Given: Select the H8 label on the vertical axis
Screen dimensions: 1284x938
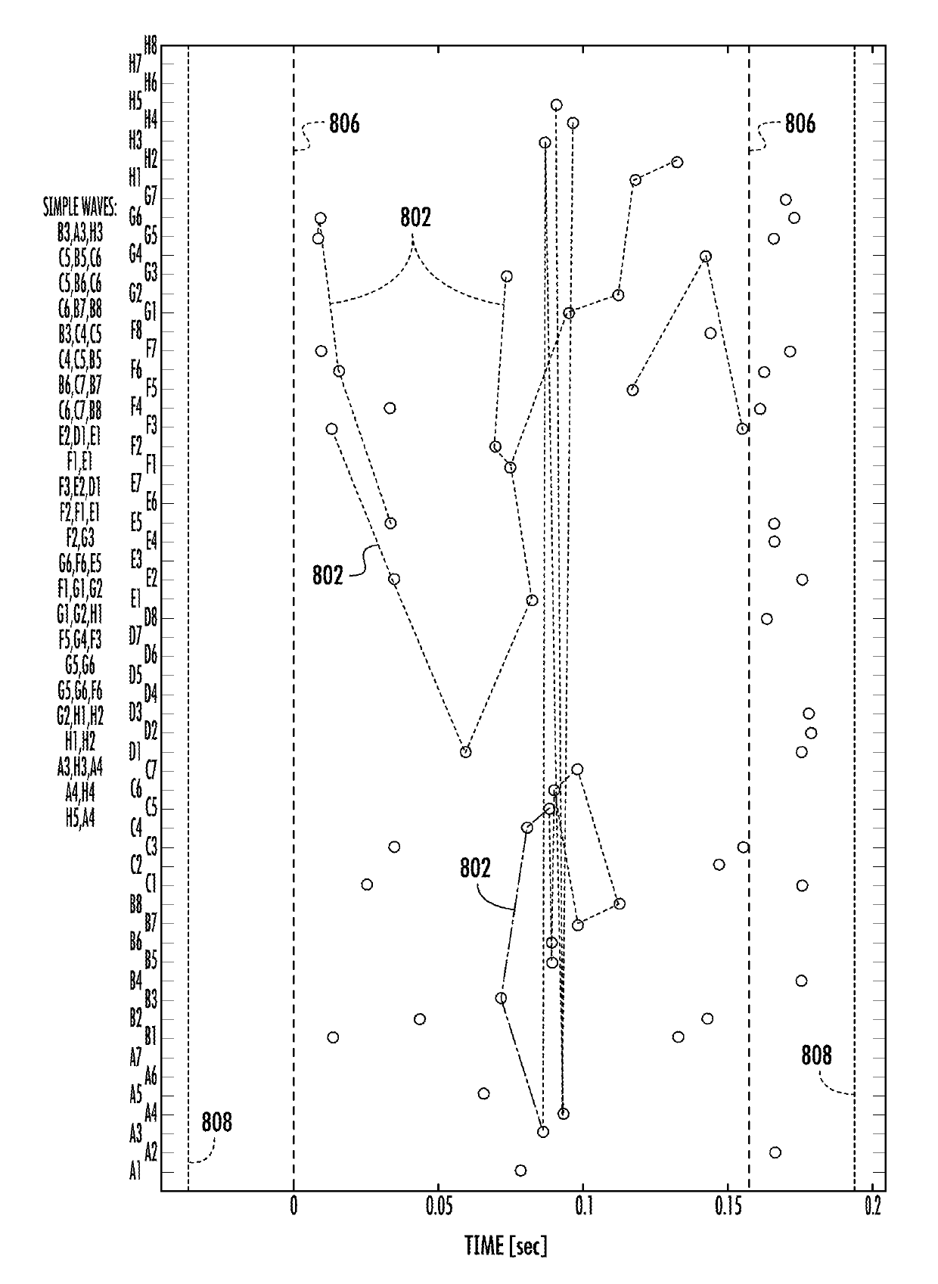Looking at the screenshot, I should [x=151, y=45].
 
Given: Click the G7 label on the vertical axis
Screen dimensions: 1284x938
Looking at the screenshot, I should [x=151, y=198].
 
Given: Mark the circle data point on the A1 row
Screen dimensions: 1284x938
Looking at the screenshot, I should [x=520, y=1171].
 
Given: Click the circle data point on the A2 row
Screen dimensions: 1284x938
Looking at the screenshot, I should [x=775, y=1152].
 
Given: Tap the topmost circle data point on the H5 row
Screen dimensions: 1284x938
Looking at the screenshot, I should [x=556, y=105].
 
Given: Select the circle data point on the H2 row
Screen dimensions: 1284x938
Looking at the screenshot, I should [x=677, y=162].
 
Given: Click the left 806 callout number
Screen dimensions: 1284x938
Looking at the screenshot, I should [x=344, y=124].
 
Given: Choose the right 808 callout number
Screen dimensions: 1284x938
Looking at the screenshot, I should [x=816, y=1056].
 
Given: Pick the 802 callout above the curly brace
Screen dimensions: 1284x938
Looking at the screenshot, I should [x=415, y=218].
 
